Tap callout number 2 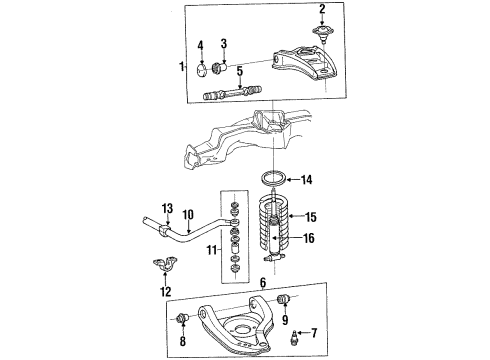pos(322,10)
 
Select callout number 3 pos(224,44)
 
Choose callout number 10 pos(188,213)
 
